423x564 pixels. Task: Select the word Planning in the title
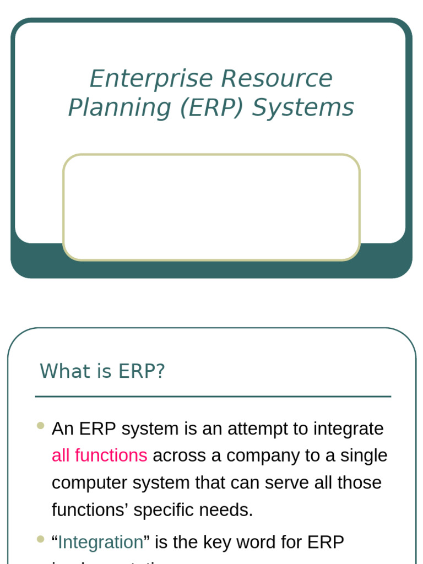pyautogui.click(x=119, y=108)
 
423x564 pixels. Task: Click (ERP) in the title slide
pyautogui.click(x=211, y=108)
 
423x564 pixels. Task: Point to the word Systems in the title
pyautogui.click(x=303, y=108)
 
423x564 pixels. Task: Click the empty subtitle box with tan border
pyautogui.click(x=211, y=207)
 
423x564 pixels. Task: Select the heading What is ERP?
pyautogui.click(x=102, y=371)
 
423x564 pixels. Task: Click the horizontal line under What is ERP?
pyautogui.click(x=213, y=396)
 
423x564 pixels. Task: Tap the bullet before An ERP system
pyautogui.click(x=41, y=425)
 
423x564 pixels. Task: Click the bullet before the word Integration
pyautogui.click(x=41, y=539)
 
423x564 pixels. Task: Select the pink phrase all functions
pyautogui.click(x=99, y=455)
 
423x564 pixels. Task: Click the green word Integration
pyautogui.click(x=100, y=542)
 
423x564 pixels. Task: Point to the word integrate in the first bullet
pyautogui.click(x=348, y=429)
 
